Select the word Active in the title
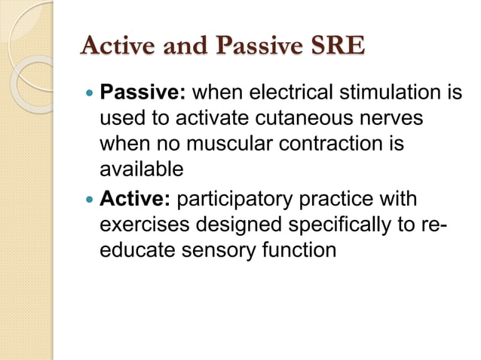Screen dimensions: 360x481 118,47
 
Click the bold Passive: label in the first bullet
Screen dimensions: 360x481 144,96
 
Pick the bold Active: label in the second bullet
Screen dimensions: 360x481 137,201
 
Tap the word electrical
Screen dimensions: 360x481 302,96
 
